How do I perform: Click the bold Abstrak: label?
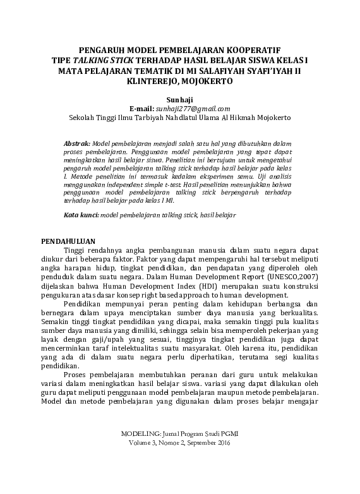78,144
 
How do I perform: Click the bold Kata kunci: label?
81,215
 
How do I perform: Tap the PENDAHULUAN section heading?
68,241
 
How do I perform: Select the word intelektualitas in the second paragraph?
150,347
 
